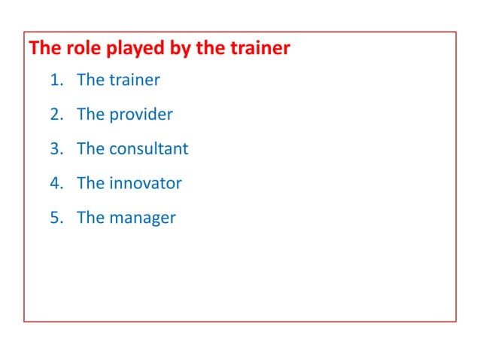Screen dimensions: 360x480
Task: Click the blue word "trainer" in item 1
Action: [135, 80]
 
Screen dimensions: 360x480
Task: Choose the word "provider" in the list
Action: [141, 114]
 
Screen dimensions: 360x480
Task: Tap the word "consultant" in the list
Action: [149, 149]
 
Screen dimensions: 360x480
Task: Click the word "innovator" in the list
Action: [145, 183]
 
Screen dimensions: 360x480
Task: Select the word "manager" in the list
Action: [142, 218]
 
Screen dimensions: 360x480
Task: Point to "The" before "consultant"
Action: [90, 149]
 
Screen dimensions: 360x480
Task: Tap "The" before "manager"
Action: [90, 218]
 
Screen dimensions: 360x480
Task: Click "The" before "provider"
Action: [90, 114]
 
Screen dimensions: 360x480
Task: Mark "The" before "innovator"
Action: [90, 183]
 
